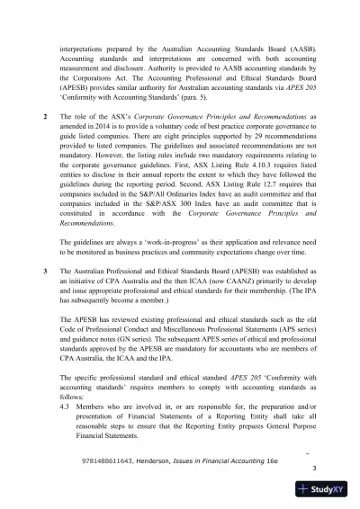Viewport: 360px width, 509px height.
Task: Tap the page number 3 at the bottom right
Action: [313, 469]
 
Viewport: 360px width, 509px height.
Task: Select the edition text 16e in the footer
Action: [287, 458]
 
